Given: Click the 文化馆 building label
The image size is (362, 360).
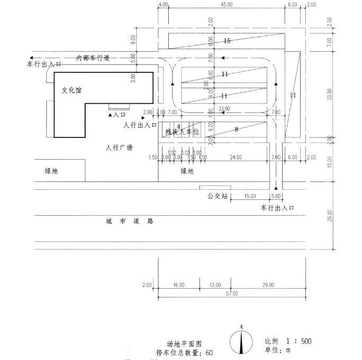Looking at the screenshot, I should (x=72, y=90).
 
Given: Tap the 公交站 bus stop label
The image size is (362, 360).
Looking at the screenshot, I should (x=217, y=196).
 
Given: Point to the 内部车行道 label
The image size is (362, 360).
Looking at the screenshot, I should (x=93, y=58).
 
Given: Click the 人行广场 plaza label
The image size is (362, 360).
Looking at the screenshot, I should (x=119, y=147).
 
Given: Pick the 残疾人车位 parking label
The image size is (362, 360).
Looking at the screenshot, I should (x=182, y=132).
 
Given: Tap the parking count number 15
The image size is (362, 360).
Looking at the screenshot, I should (x=227, y=41).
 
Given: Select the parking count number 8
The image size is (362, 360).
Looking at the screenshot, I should (x=236, y=129).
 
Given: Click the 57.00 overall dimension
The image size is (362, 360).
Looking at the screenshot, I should (x=232, y=293).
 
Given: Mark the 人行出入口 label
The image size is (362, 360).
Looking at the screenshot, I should (x=140, y=125).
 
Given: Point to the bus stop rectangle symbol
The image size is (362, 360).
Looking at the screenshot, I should (x=215, y=188).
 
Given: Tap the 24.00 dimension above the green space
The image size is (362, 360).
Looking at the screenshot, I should (x=236, y=158).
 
